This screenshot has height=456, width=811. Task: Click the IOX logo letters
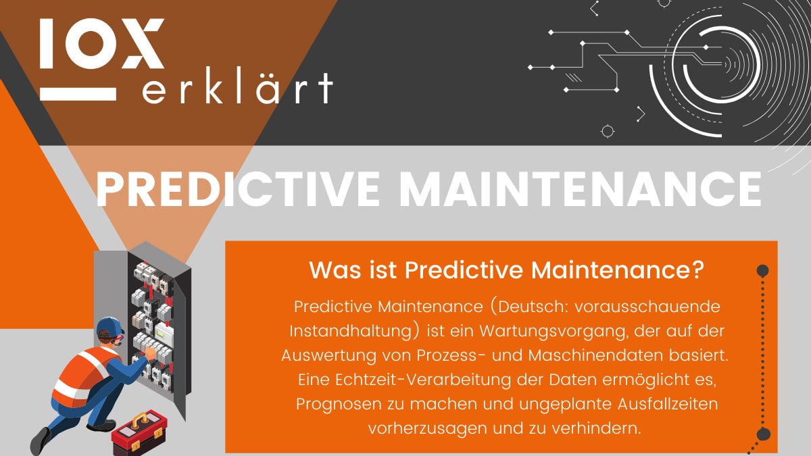[x=101, y=43]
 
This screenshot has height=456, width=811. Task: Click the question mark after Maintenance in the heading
[x=699, y=271]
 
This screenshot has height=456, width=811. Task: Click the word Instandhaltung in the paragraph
[x=351, y=330]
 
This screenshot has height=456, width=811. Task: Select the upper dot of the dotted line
[x=763, y=271]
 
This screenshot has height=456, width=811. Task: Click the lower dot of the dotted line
[x=764, y=434]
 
